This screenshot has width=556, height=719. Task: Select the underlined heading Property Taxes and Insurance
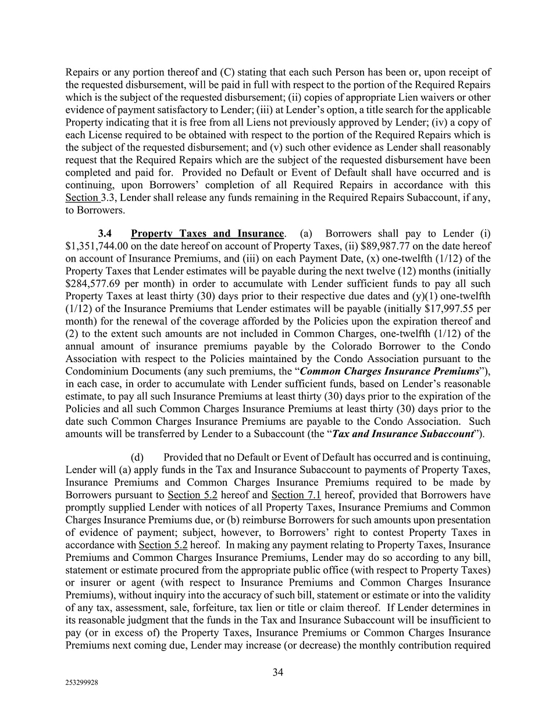(x=207, y=234)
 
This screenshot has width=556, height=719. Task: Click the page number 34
(x=278, y=673)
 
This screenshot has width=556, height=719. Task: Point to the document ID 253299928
(x=82, y=684)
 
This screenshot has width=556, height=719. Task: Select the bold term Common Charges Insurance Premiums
(x=390, y=371)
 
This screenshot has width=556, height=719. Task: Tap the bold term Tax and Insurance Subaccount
(x=402, y=434)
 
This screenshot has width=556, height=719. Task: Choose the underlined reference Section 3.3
(x=83, y=198)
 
